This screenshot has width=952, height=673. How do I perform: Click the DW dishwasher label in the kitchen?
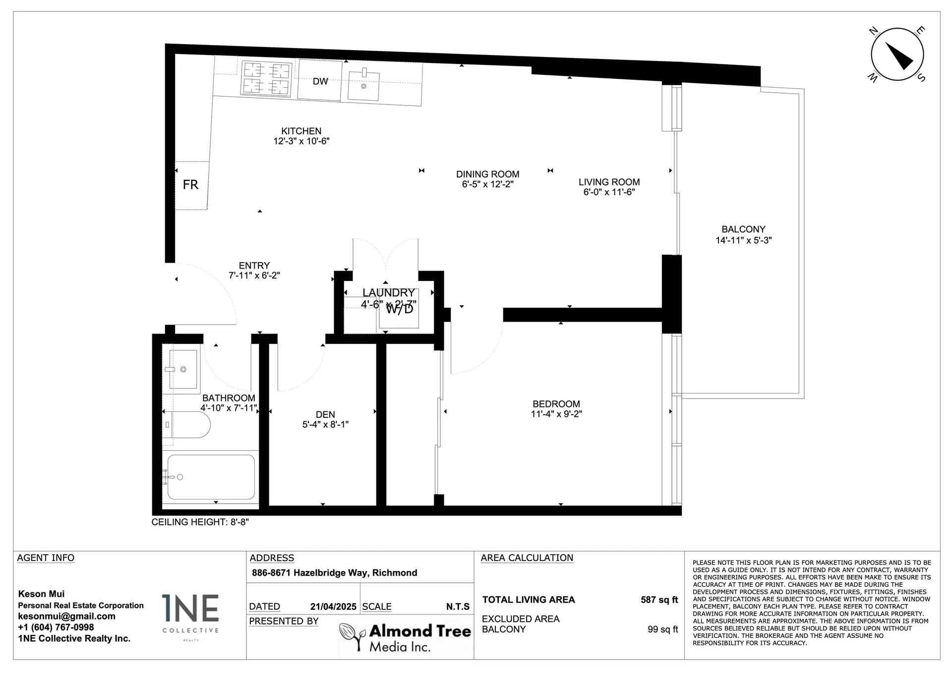[x=320, y=81]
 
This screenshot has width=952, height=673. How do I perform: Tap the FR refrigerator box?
[x=191, y=185]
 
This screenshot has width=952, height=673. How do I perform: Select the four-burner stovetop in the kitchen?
[x=266, y=78]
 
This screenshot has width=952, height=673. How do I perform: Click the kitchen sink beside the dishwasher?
[x=363, y=86]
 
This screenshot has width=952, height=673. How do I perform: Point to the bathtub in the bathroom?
[x=211, y=477]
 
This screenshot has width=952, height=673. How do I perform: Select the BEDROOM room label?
[x=556, y=404]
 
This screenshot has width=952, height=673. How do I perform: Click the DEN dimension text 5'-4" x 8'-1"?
[x=325, y=425]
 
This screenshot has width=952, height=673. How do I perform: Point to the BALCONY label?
[x=743, y=229]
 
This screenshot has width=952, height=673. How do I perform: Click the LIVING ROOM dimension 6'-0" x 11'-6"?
[x=609, y=192]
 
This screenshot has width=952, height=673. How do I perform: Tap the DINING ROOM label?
[x=487, y=174]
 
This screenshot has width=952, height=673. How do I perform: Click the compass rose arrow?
[x=898, y=55]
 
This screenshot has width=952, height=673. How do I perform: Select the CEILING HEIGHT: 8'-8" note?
[x=200, y=522]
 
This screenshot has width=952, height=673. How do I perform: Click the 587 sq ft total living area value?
[x=659, y=600]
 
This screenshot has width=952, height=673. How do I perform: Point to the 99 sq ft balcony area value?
[x=662, y=629]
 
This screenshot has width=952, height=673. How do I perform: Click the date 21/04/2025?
[x=333, y=607]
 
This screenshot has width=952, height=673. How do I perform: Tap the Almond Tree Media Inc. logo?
[x=405, y=637]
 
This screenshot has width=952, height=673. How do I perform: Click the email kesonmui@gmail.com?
[x=66, y=617]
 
